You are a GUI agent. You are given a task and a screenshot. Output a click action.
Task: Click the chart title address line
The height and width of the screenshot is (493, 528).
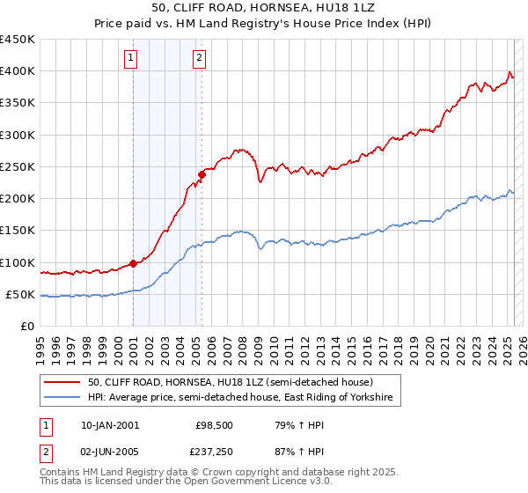263,8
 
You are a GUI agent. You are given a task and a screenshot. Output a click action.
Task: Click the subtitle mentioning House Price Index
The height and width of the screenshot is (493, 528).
263,24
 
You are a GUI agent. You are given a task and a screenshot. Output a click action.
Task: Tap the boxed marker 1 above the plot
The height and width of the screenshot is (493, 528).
130,59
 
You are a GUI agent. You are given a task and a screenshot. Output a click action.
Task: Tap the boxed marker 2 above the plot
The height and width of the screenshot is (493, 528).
200,59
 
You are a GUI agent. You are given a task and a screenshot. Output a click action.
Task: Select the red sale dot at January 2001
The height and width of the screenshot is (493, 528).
133,263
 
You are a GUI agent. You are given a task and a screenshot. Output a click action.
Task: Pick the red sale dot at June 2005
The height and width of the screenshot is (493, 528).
202,174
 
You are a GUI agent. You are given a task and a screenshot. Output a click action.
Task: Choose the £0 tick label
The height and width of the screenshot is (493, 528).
27,326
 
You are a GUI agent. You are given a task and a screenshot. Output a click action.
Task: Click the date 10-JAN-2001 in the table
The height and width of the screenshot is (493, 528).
110,425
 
